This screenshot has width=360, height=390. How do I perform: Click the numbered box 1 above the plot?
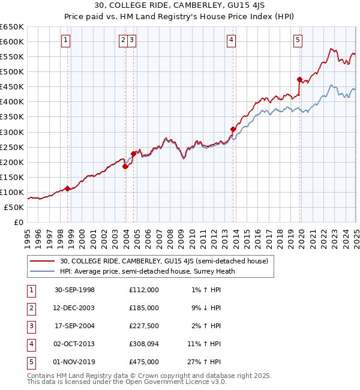65,41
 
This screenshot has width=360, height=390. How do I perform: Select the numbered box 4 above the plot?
232,41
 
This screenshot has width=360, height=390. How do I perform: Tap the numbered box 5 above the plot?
298,41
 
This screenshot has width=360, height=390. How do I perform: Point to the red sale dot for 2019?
299,79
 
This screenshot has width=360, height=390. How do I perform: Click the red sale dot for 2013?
233,129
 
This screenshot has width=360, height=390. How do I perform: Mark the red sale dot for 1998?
68,188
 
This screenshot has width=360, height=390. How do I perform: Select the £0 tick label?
18,222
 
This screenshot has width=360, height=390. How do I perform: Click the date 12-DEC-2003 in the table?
74,308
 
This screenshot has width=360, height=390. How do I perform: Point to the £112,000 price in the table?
143,290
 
